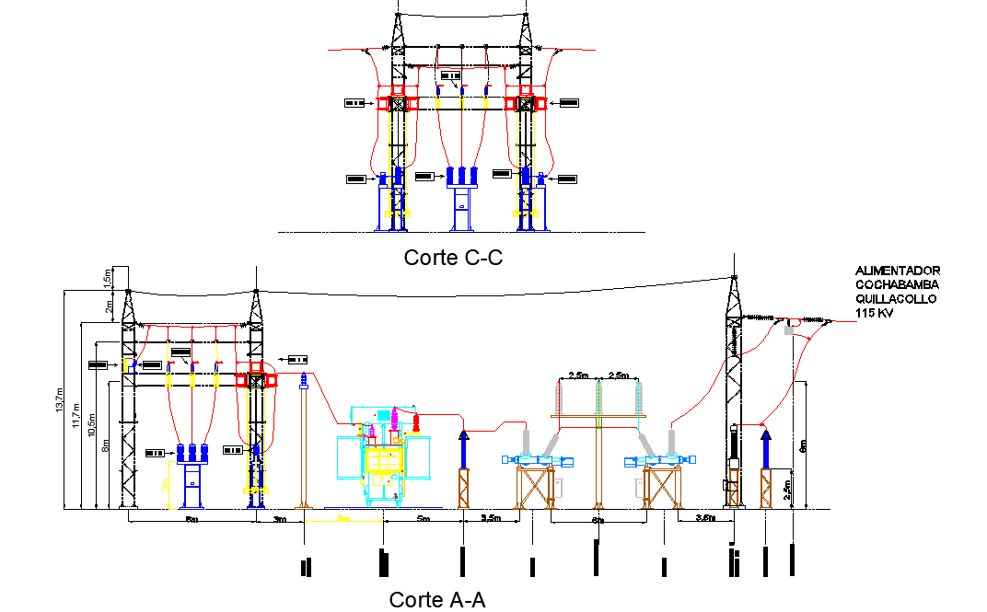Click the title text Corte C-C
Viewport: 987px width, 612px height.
pyautogui.click(x=453, y=258)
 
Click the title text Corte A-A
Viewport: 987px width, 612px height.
pyautogui.click(x=436, y=600)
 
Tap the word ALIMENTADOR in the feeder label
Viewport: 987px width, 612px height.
pyautogui.click(x=898, y=271)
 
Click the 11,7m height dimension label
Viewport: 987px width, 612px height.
pyautogui.click(x=78, y=414)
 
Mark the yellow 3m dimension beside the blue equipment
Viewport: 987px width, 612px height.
pyautogui.click(x=166, y=485)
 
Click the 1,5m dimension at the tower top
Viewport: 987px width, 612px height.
pyautogui.click(x=107, y=276)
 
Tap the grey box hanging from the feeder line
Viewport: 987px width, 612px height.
pyautogui.click(x=789, y=329)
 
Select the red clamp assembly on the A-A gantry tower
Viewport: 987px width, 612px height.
pyautogui.click(x=257, y=377)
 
